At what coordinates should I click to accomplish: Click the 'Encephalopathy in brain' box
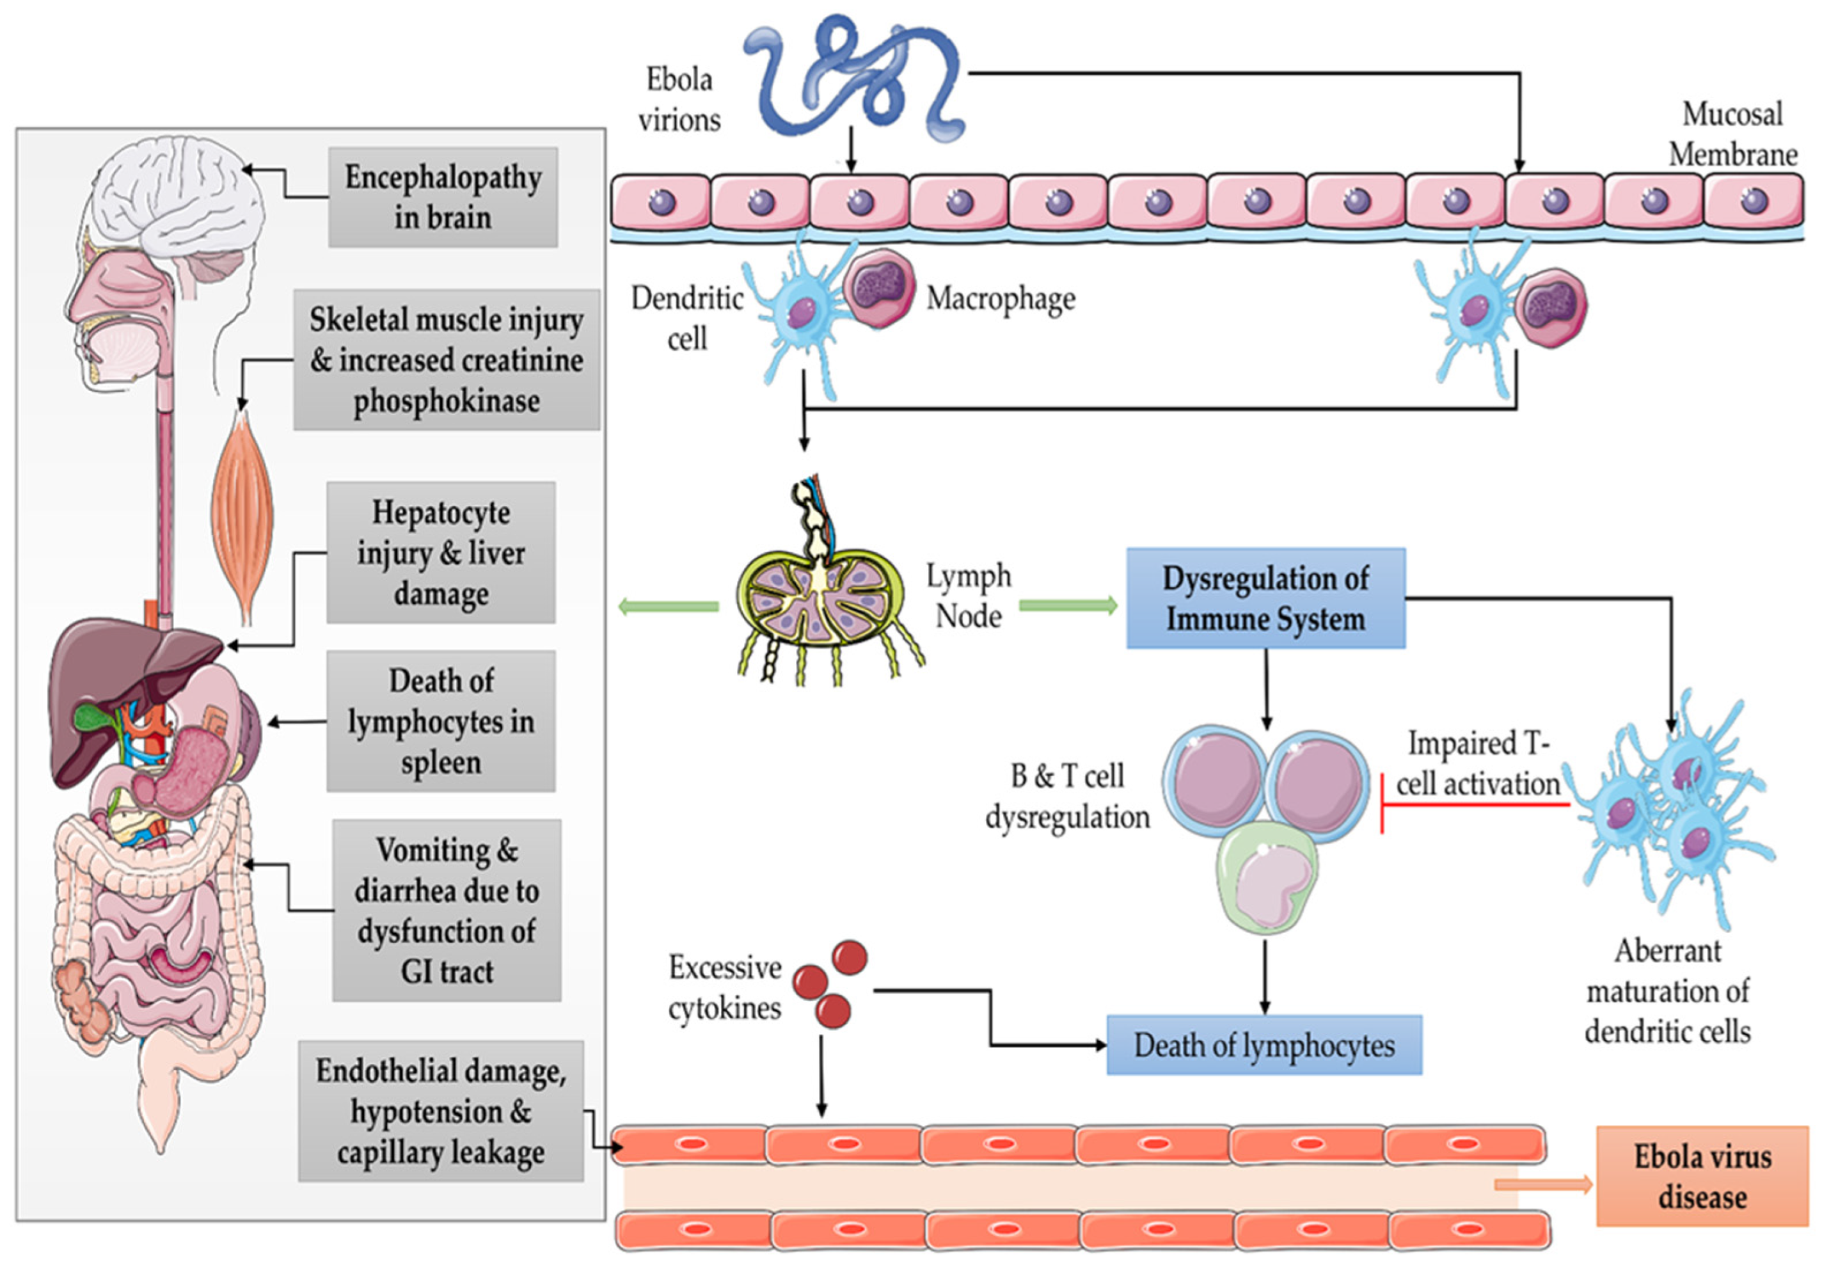click(442, 197)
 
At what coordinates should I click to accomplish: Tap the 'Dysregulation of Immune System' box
click(1265, 598)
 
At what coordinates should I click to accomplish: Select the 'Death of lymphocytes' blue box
click(1264, 1045)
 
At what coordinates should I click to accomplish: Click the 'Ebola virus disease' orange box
click(1702, 1176)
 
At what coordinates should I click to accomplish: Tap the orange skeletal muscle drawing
click(242, 515)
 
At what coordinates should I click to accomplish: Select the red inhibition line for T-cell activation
click(1474, 804)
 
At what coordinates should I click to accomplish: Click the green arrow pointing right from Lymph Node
click(1066, 607)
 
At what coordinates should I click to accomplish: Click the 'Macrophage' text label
click(1000, 299)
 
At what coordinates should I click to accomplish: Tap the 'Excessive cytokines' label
click(724, 987)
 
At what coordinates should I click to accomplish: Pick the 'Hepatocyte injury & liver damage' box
click(441, 552)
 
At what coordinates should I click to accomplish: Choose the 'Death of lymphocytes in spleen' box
click(441, 721)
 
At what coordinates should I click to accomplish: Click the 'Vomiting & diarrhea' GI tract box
click(446, 910)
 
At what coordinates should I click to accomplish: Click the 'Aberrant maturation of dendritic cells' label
click(1667, 991)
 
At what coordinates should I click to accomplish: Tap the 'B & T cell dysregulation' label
click(1066, 796)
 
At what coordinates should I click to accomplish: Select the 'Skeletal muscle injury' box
click(446, 360)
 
